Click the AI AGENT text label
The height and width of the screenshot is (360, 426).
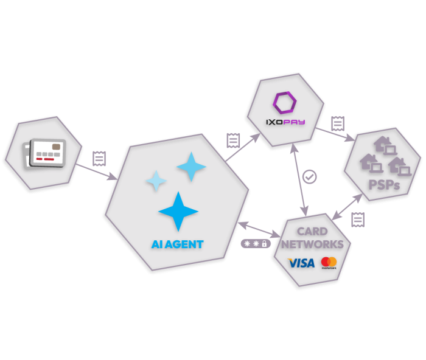(x=177, y=244)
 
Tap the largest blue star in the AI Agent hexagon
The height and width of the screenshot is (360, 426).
(x=178, y=211)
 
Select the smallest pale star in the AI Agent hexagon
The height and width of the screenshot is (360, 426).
(x=156, y=181)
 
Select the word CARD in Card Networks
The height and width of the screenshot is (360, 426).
(x=312, y=231)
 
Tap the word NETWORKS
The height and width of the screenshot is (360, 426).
(x=312, y=244)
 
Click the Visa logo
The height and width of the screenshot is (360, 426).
(x=301, y=263)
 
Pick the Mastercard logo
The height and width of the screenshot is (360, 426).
(x=329, y=262)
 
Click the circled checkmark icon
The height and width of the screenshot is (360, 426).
(x=310, y=177)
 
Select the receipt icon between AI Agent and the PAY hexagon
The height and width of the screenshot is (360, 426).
(x=231, y=140)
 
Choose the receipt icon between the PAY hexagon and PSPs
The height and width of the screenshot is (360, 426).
(x=337, y=123)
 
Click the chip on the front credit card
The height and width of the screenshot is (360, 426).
(x=56, y=147)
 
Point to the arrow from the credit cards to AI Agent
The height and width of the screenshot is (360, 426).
(x=97, y=170)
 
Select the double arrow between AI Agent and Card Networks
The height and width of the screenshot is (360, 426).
(x=260, y=229)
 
